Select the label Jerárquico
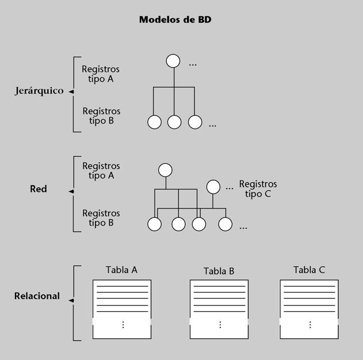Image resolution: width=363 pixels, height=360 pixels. (x=39, y=91)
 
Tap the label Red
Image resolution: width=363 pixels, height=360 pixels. (x=39, y=189)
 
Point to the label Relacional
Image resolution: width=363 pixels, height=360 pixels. (x=37, y=296)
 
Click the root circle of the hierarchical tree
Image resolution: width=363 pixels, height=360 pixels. (x=173, y=61)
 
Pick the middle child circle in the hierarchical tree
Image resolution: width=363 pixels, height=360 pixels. (x=174, y=122)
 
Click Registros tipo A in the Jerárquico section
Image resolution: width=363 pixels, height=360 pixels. (x=101, y=74)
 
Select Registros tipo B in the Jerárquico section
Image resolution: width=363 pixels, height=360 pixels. (x=101, y=116)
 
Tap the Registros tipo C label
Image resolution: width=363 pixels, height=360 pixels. (x=258, y=189)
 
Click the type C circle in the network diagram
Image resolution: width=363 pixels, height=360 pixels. (x=213, y=187)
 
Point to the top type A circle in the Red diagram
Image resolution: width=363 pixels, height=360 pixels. (x=166, y=170)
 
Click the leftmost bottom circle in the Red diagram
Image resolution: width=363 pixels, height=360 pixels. (x=154, y=224)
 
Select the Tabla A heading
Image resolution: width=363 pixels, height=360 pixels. (x=121, y=270)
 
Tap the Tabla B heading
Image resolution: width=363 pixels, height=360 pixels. (x=219, y=271)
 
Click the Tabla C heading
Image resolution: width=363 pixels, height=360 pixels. (x=309, y=270)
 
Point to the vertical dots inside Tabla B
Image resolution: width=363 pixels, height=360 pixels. (x=220, y=325)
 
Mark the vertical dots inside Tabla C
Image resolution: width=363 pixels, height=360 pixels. (x=309, y=325)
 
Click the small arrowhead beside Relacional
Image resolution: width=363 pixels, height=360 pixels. (x=71, y=300)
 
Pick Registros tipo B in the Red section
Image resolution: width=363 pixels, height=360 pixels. (x=101, y=218)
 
